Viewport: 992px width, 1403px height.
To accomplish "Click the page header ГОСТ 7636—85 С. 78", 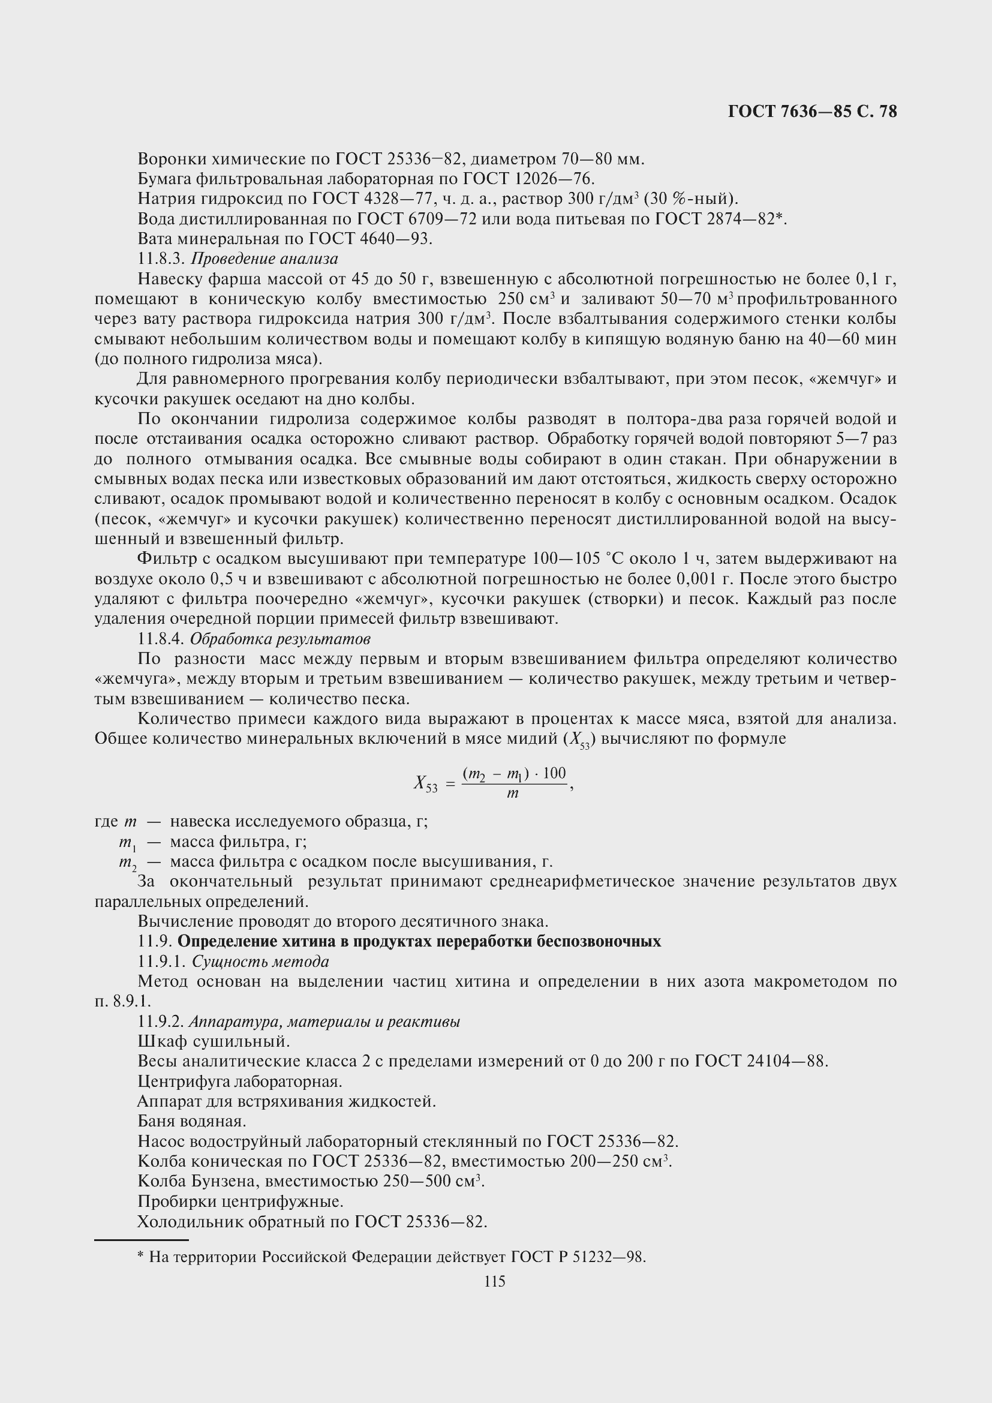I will coord(812,112).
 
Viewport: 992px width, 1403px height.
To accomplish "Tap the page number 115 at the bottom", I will coord(495,1282).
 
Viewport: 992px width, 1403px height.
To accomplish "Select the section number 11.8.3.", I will coord(161,259).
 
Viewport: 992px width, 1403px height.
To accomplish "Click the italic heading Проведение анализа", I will coord(264,259).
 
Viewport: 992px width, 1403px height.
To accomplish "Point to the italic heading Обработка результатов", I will coord(279,639).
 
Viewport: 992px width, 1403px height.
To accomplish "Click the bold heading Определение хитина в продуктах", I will coord(419,941).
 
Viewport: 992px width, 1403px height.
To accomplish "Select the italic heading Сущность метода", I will coord(260,962).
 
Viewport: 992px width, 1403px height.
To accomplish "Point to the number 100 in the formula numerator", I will coord(554,773).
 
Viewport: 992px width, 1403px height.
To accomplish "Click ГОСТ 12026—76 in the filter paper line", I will coord(528,179).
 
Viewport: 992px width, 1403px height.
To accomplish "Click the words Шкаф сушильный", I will coord(213,1041).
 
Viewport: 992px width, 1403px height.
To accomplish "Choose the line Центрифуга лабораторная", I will coord(239,1081).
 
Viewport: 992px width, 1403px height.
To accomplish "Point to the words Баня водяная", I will coord(192,1121).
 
